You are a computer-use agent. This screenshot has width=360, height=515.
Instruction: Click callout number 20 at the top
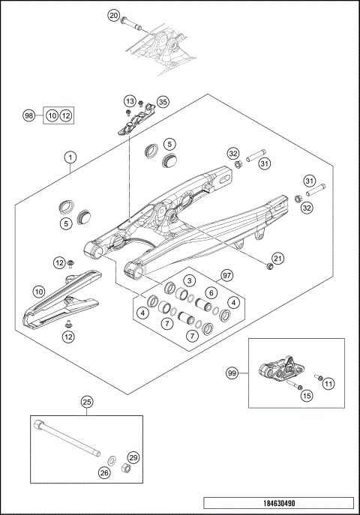pos(114,15)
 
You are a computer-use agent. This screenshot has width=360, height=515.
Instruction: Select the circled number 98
pos(29,115)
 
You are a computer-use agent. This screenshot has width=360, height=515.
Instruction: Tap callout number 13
pos(130,100)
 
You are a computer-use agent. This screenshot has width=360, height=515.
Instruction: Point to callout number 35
pos(163,102)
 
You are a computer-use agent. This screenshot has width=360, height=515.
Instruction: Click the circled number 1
pos(70,157)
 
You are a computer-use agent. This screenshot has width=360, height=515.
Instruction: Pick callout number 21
pos(278,259)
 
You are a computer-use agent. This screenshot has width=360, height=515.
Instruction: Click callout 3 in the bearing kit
pos(190,280)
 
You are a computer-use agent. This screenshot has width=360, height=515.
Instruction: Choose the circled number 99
pos(232,372)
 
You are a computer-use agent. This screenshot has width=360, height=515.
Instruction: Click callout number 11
pos(328,383)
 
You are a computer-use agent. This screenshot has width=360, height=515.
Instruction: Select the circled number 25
pos(87,403)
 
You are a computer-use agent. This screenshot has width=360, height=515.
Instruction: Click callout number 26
pos(103,472)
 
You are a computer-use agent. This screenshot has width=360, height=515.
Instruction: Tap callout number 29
pos(133,457)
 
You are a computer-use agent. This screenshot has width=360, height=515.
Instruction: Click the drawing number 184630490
pos(277,503)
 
